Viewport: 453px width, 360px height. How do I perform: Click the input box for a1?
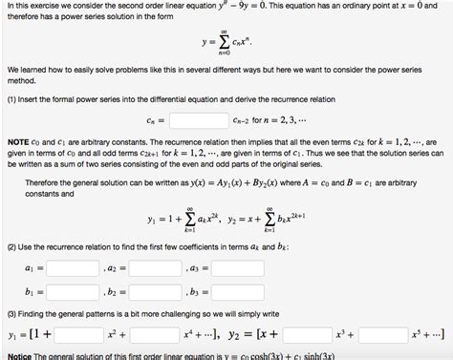[x=73, y=269]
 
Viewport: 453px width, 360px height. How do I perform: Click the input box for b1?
[x=73, y=291]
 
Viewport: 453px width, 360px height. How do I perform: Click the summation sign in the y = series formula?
[x=224, y=44]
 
